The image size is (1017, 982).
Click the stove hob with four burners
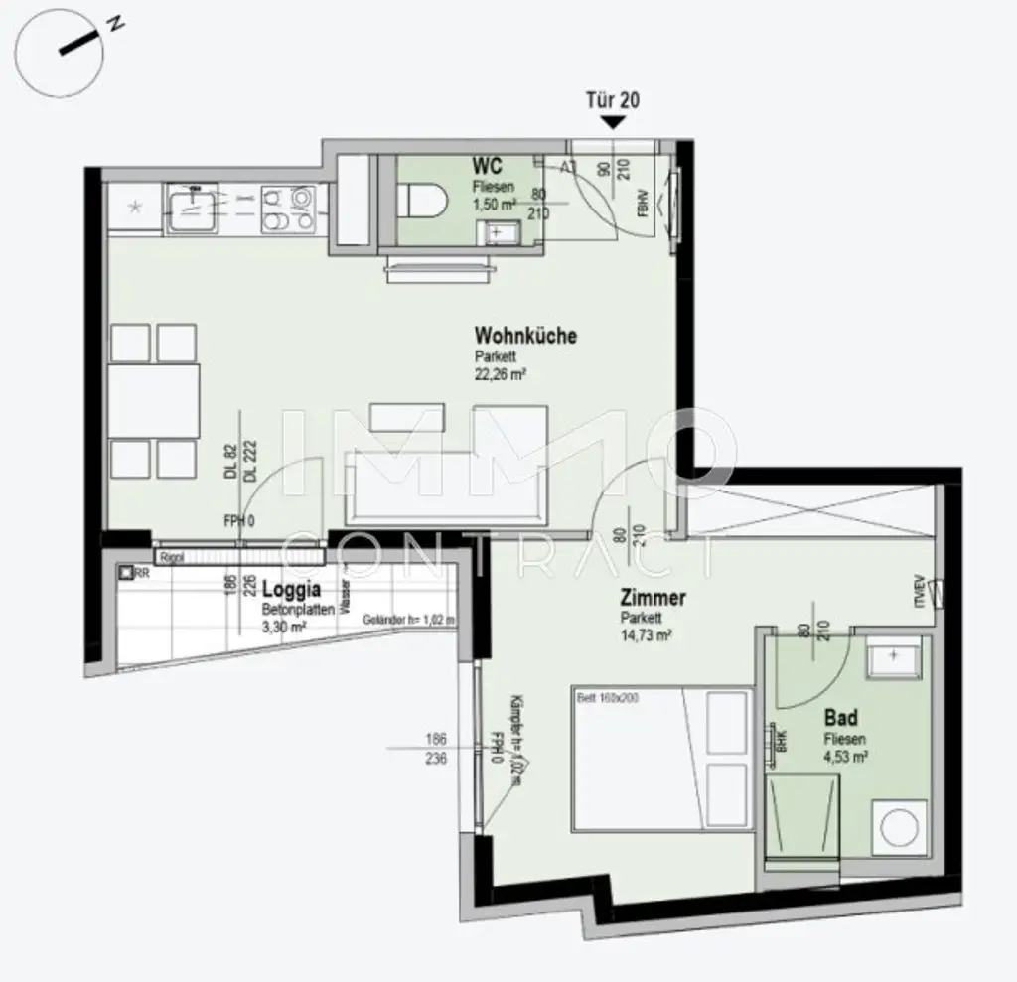point(287,210)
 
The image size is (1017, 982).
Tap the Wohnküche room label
point(524,336)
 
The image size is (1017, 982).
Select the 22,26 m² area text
point(500,375)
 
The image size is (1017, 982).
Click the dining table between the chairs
point(154,400)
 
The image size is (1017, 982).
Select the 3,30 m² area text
point(284,627)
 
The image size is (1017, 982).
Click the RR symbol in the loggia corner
point(127,573)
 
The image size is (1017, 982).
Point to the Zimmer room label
point(653,598)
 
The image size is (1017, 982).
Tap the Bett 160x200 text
point(609,698)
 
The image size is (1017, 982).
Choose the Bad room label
point(841,718)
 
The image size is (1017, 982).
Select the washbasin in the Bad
point(893,656)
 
